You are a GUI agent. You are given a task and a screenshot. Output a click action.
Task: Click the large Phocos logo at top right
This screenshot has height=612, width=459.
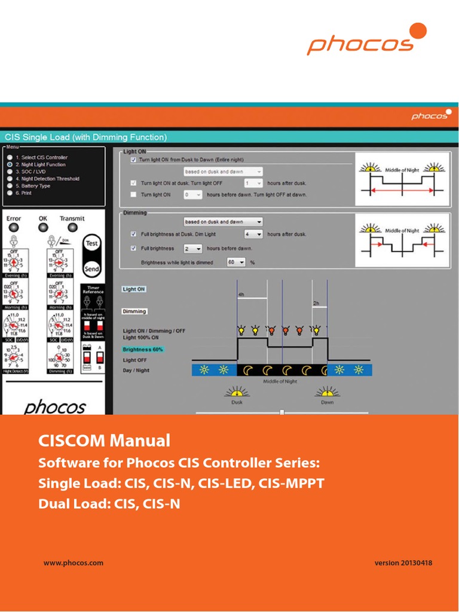coord(367,40)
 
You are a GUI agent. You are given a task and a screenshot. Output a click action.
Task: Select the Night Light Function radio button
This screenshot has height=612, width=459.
coord(10,164)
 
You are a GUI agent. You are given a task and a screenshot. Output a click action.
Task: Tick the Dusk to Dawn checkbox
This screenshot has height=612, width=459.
coord(133,160)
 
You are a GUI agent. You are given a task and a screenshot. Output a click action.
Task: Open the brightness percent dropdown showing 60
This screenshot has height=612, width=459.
coord(236,262)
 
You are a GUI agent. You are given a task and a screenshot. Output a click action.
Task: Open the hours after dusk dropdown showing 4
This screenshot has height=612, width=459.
coord(253,234)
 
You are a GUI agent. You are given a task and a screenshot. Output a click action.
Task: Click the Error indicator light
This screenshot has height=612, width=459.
coord(14,228)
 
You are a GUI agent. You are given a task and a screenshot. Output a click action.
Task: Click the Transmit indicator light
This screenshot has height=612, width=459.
coord(72,228)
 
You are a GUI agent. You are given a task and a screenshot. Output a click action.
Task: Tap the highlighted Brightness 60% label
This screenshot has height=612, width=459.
coord(143,349)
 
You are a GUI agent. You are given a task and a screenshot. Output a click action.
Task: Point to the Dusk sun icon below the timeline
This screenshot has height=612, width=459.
coord(237,392)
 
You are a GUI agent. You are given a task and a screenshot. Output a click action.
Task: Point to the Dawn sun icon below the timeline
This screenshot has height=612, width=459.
coord(326,392)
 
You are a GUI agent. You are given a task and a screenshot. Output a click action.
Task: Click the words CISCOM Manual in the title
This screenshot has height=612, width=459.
coord(104,441)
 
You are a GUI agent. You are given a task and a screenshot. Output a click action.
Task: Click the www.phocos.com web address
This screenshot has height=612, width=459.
coord(74,562)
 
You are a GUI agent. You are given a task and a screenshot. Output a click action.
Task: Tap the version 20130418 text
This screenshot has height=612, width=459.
coord(403,562)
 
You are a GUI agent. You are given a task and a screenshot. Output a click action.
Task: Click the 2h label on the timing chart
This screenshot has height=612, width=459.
coord(316,303)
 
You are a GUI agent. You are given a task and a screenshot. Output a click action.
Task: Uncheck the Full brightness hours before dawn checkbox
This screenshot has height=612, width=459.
coord(133,248)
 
